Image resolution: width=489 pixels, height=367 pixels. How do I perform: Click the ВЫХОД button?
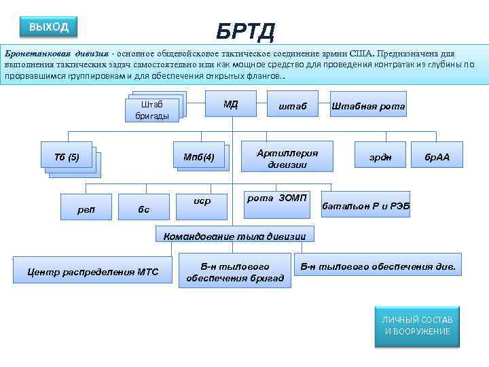49,27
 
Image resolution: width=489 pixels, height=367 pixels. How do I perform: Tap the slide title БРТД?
245,31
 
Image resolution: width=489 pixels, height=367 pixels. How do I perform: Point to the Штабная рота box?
368,106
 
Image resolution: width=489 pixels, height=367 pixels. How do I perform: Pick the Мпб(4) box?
199,158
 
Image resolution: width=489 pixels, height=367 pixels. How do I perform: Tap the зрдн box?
380,157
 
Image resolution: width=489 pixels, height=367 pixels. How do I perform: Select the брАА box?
437,158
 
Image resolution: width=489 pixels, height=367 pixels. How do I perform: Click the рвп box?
87,209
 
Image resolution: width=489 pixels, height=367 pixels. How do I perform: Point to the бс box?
143,209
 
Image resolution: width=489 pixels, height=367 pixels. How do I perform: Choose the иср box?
202,202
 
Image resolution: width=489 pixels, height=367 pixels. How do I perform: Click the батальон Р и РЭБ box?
365,205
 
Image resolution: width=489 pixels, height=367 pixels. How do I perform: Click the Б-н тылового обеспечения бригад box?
235,272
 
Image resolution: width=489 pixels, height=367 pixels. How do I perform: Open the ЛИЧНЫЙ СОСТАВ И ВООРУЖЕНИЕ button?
416,325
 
